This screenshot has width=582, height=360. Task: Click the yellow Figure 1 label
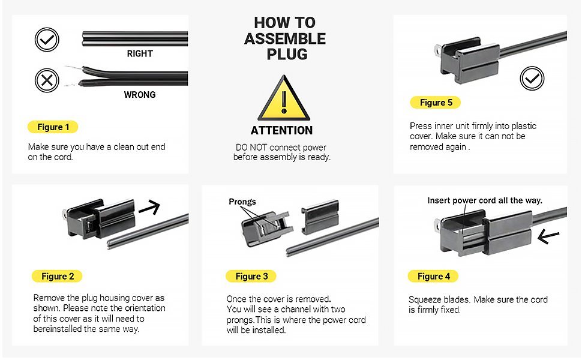tap(53, 127)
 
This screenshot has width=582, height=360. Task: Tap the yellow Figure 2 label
tap(57, 277)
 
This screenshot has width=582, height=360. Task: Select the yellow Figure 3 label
tap(251, 277)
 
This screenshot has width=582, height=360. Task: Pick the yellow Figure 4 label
tap(433, 277)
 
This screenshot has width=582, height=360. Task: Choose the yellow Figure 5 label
tap(435, 103)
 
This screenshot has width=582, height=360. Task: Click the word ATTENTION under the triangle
tap(281, 131)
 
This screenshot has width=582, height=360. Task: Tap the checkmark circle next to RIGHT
tap(47, 40)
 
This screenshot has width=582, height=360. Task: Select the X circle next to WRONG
tap(47, 80)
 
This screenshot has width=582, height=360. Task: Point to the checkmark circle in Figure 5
tap(532, 79)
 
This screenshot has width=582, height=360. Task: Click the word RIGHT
tap(140, 54)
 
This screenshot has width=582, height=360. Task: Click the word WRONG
tap(140, 95)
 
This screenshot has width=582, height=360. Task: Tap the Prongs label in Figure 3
tap(242, 202)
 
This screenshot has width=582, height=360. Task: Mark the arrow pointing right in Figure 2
tap(149, 208)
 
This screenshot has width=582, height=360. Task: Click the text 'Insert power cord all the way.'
tap(485, 200)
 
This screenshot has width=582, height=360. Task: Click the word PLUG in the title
tap(287, 54)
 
